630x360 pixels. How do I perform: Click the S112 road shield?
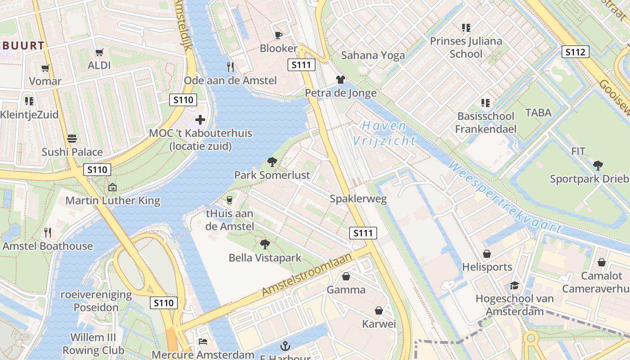(x=576, y=52)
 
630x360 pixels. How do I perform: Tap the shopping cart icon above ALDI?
(x=99, y=52)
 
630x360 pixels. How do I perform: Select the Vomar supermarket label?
(x=45, y=81)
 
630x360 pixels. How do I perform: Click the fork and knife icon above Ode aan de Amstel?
(x=230, y=67)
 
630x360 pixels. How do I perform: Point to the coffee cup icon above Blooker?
(x=279, y=35)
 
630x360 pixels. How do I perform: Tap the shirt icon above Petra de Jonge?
(x=341, y=80)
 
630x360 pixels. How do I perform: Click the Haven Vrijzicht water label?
(x=384, y=133)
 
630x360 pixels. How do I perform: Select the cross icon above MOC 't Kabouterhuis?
(x=200, y=120)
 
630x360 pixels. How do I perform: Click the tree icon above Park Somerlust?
(x=272, y=162)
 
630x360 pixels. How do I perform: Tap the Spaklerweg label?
(x=358, y=199)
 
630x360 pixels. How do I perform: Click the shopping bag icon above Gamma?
(x=346, y=276)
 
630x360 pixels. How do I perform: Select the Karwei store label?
(x=379, y=324)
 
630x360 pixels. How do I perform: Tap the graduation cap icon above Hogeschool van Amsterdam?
(x=514, y=285)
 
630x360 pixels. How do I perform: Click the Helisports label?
(x=487, y=267)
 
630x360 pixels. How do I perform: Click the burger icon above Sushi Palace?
(x=72, y=138)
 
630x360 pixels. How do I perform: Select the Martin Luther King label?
(x=113, y=201)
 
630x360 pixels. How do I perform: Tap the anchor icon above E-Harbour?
(x=285, y=346)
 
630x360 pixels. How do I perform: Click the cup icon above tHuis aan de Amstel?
(x=229, y=200)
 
